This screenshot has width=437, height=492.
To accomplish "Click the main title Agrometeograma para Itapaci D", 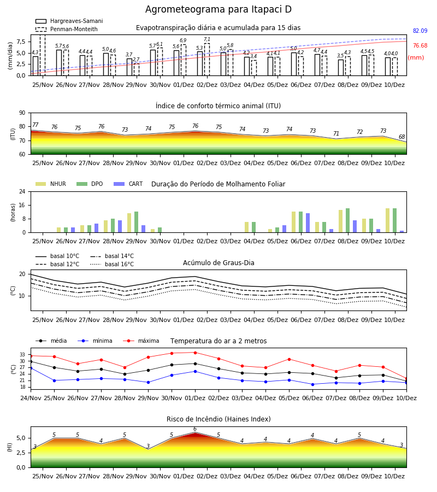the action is pyautogui.click(x=218, y=9).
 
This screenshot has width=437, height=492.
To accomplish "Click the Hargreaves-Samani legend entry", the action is pyautogui.click(x=69, y=21).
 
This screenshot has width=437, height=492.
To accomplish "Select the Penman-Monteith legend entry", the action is pyautogui.click(x=67, y=29).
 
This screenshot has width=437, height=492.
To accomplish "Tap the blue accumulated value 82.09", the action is pyautogui.click(x=420, y=31).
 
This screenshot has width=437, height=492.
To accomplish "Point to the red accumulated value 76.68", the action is pyautogui.click(x=420, y=45).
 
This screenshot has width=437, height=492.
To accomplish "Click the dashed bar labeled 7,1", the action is pyautogui.click(x=207, y=59).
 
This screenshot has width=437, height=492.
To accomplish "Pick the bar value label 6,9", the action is pyautogui.click(x=183, y=40).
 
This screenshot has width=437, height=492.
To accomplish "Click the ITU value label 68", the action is pyautogui.click(x=401, y=137).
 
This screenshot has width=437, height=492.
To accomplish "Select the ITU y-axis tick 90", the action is pyautogui.click(x=22, y=113).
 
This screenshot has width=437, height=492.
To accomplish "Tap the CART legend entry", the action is pyautogui.click(x=128, y=184).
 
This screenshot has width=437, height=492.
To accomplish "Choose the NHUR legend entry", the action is pyautogui.click(x=50, y=184).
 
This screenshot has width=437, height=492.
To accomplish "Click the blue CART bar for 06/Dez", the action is pyautogui.click(x=308, y=223).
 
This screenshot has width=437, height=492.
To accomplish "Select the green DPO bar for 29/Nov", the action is pyautogui.click(x=137, y=222).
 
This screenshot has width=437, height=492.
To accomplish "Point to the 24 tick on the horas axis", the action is pyautogui.click(x=22, y=191).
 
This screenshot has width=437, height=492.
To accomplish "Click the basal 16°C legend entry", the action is pyautogui.click(x=112, y=264).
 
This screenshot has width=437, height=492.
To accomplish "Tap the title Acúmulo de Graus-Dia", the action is pyautogui.click(x=218, y=262).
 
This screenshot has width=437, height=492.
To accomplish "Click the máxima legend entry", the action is pyautogui.click(x=141, y=341).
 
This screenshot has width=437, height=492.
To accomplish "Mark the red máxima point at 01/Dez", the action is pyautogui.click(x=196, y=353).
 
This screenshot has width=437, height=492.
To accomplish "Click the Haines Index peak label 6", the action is pyautogui.click(x=195, y=429).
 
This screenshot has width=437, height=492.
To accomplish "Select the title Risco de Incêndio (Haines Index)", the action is pyautogui.click(x=218, y=419).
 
